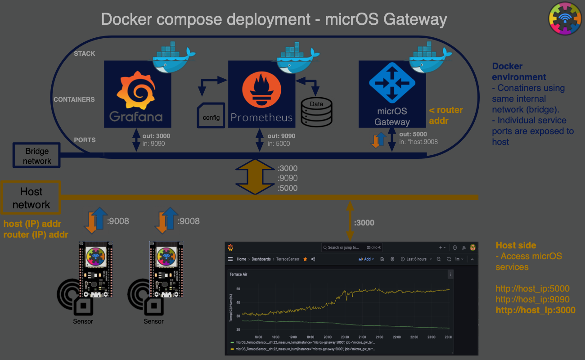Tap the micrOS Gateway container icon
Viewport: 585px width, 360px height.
[392, 94]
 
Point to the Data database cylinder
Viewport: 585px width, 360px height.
[316, 111]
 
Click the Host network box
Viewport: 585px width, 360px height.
[31, 198]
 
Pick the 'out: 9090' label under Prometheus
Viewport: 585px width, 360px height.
[281, 136]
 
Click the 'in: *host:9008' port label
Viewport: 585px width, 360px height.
[418, 142]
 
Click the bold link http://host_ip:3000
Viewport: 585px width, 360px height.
[535, 310]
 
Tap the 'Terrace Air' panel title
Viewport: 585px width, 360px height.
[238, 274]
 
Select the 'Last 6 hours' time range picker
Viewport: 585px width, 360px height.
[416, 259]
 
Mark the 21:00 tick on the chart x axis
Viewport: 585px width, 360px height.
[362, 337]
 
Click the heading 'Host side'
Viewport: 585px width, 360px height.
[516, 245]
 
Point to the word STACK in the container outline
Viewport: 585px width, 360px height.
[85, 54]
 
